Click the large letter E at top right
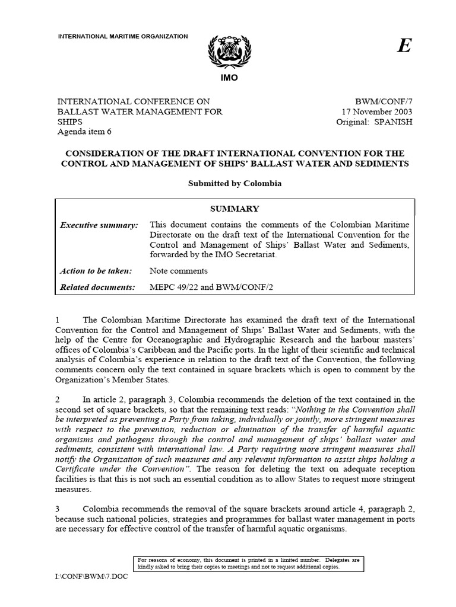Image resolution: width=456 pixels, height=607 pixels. pos(404,47)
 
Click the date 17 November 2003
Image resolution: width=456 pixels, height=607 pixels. pos(376,112)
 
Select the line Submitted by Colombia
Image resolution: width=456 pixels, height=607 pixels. pos(235,183)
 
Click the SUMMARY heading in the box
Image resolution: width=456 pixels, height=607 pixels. pos(235,209)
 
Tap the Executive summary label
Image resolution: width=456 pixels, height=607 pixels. pos(99,225)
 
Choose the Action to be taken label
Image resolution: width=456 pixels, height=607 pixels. pos(97,271)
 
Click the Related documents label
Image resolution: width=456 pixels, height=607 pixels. pos(98,287)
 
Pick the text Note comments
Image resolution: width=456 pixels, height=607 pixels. pos(179,271)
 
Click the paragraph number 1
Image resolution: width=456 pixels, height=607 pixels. pos(57,320)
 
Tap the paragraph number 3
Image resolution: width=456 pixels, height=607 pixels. pos(57,508)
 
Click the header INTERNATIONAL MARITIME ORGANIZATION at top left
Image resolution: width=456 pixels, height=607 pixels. pos(122,37)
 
